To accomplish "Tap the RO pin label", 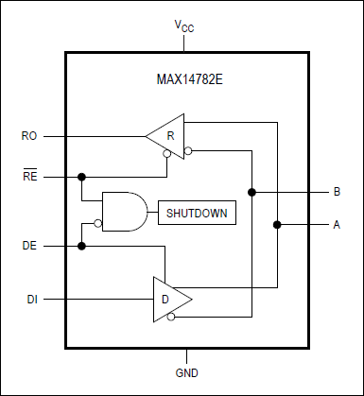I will tap(28, 137).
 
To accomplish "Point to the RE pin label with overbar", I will tap(28, 176).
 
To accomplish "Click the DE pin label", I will tap(28, 246).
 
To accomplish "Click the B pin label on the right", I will tap(336, 192).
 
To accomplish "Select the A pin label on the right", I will tap(336, 225).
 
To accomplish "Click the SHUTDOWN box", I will tap(197, 213).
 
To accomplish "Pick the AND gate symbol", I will tap(121, 213).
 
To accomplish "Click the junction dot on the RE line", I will tap(82, 177).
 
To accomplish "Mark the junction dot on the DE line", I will tap(82, 246).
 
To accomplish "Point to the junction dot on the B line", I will tap(252, 192).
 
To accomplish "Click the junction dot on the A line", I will tap(277, 225).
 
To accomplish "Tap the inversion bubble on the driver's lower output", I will tap(170, 319).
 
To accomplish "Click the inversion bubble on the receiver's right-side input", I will tap(188, 149).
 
